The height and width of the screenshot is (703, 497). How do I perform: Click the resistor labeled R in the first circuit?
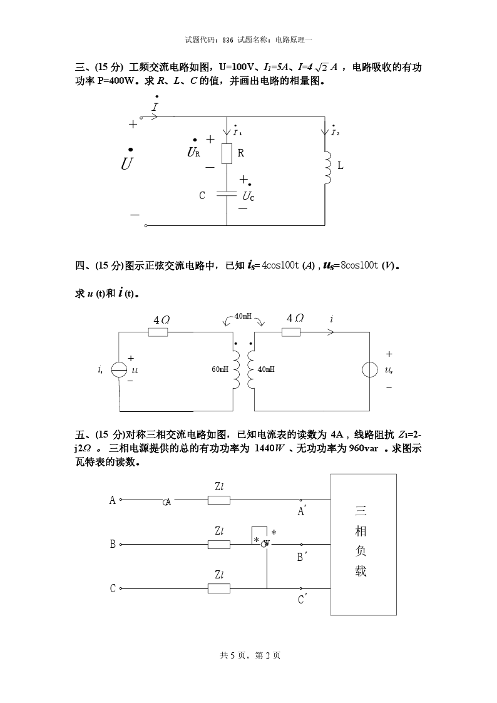coord(227,153)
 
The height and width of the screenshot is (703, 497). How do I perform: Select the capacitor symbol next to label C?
coord(226,195)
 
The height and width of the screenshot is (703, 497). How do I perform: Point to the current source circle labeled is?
coord(119,370)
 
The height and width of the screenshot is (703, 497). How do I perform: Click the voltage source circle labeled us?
coord(369,370)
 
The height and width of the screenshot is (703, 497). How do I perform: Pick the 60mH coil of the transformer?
coord(237,369)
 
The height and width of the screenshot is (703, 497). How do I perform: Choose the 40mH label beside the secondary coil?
coord(266,369)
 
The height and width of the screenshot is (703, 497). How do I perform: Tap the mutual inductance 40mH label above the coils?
coord(243,317)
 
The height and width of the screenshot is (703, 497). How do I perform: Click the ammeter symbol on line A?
coord(167,502)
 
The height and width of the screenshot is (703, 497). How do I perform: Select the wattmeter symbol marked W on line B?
coord(266,543)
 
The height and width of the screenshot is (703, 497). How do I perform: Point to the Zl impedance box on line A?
coord(219,500)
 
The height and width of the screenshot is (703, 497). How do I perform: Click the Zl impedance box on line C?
coord(219,588)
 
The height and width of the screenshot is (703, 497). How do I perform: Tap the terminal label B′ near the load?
coord(300,557)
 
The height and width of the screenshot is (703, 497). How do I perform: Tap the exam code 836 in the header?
coord(227,39)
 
